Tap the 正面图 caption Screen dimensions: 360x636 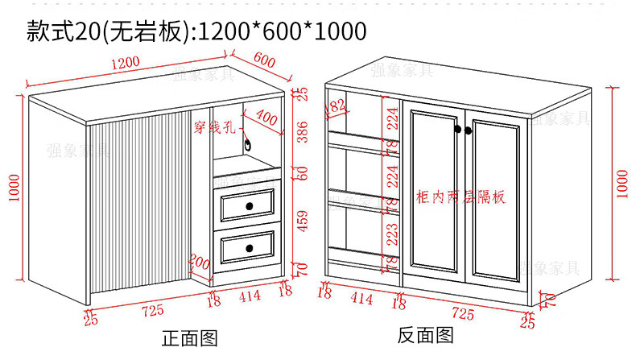click(x=190, y=338)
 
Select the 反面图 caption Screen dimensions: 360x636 click(x=426, y=335)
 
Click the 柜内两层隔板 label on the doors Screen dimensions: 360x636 click(x=461, y=197)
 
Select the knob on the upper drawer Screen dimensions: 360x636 click(x=249, y=206)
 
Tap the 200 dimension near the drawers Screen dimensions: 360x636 click(x=199, y=262)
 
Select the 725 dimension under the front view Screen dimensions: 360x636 click(x=153, y=309)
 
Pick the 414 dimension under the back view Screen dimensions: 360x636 click(x=361, y=300)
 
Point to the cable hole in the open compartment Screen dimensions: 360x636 click(x=250, y=146)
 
